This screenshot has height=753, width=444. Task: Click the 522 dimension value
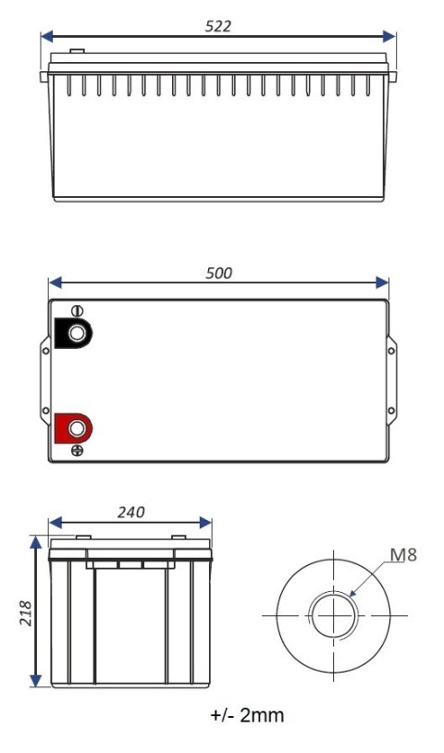218,26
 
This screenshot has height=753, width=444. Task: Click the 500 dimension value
219,273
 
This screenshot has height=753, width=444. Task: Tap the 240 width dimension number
130,512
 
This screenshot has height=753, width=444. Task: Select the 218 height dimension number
26,613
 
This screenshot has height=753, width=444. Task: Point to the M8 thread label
401,555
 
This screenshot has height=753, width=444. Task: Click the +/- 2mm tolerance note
247,715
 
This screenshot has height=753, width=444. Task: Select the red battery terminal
74,427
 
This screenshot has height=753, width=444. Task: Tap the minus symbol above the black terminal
76,311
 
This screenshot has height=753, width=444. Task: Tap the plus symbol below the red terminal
77,451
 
